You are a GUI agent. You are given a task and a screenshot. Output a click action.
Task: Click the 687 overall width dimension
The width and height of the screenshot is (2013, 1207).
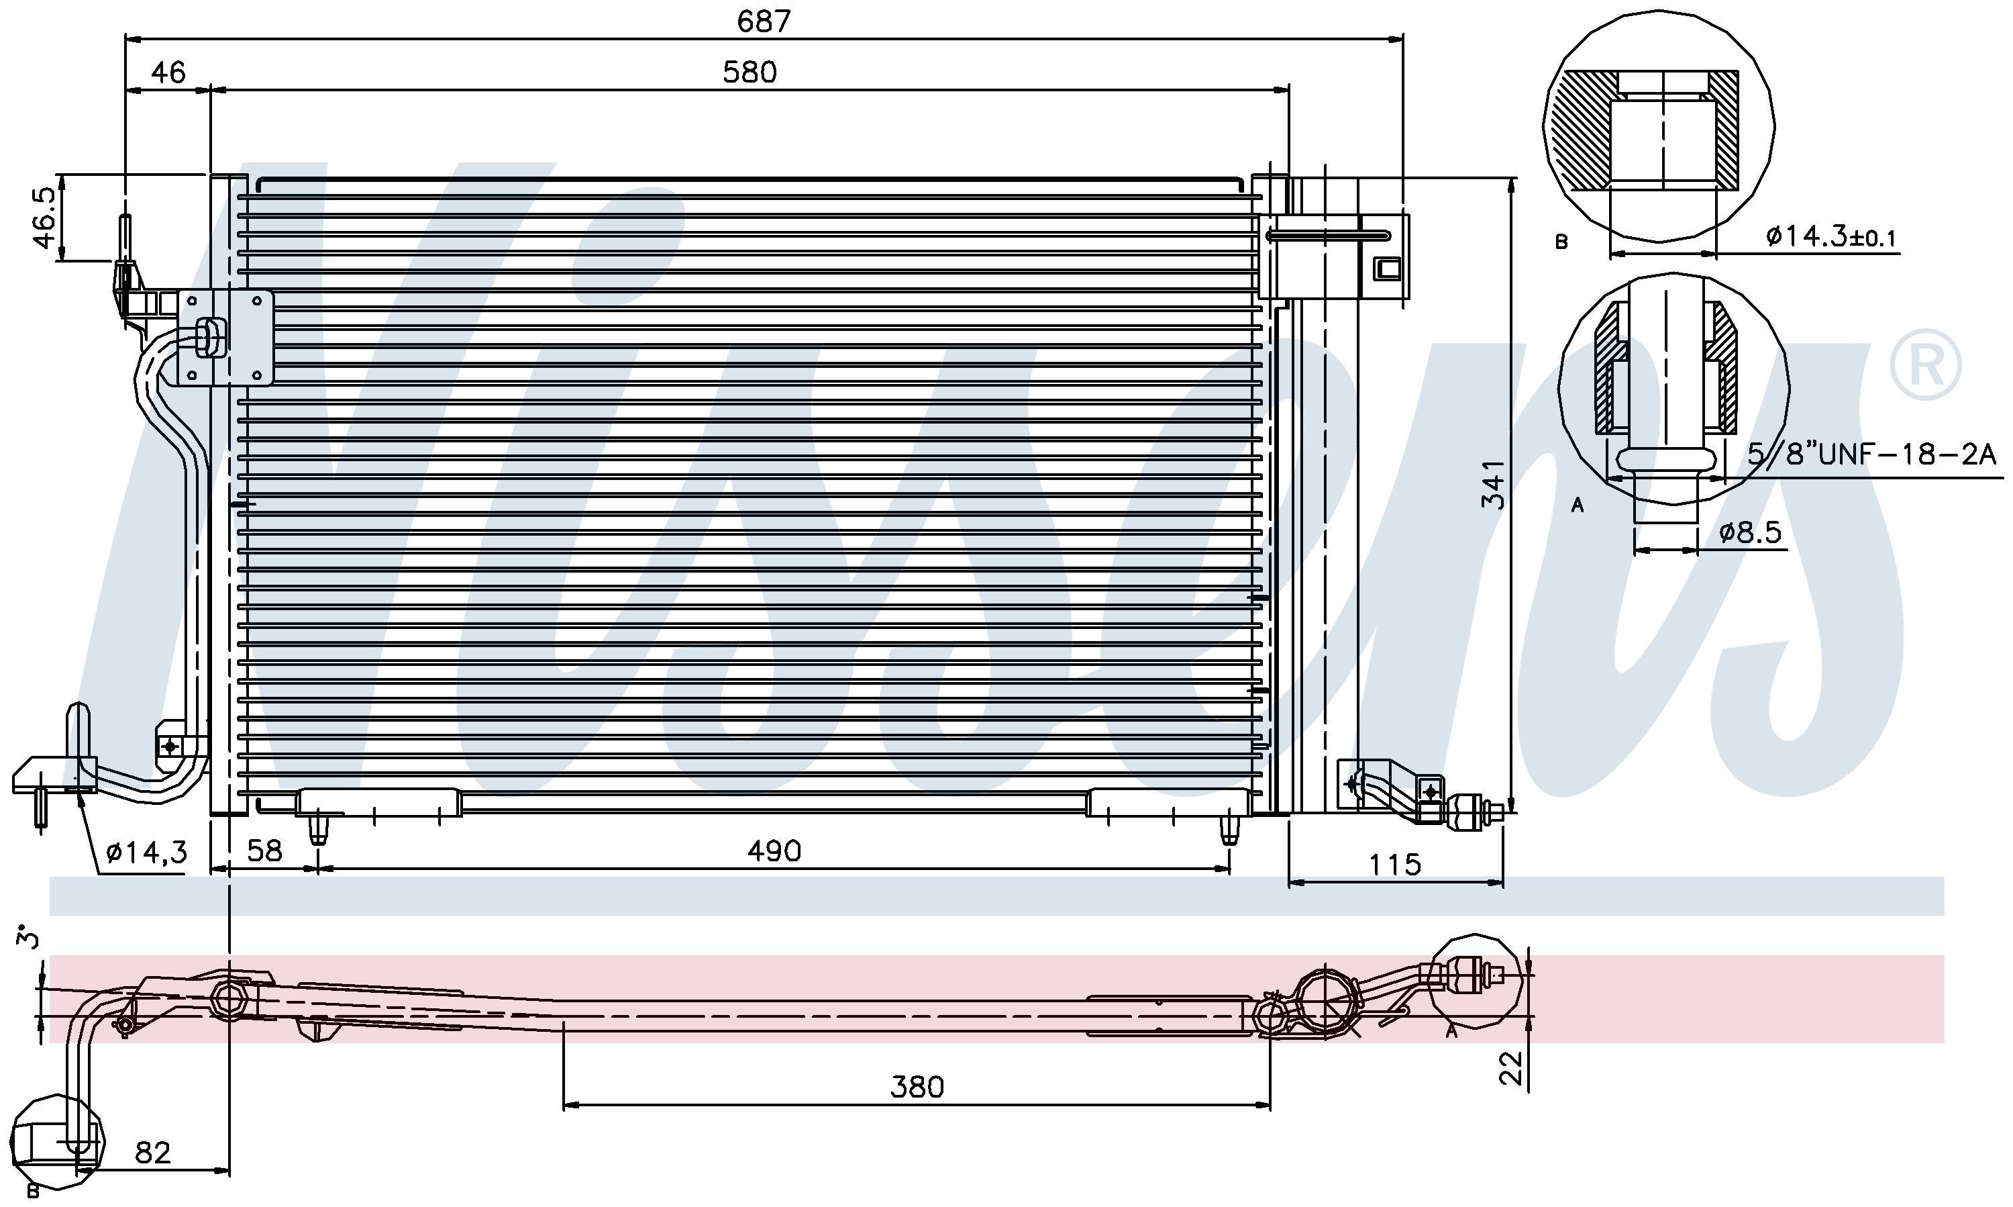tap(764, 21)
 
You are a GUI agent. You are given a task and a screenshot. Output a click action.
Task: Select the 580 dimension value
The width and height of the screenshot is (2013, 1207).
tap(750, 73)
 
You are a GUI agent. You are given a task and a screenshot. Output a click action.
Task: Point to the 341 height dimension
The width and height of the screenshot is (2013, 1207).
tap(1493, 485)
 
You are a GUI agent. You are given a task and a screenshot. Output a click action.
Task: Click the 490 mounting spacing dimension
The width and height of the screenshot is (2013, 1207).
tap(774, 851)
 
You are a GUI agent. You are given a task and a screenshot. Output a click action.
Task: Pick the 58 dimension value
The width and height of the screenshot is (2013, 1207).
tap(264, 851)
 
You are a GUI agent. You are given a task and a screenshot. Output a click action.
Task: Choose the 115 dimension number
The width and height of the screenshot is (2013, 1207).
tap(1395, 864)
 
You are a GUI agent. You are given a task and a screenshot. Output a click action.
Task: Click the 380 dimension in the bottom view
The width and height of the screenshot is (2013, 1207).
tap(917, 1087)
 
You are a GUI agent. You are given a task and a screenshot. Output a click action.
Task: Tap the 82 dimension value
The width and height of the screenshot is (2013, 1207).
tap(153, 1153)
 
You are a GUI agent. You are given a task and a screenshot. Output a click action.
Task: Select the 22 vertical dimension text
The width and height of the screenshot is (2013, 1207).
tap(1510, 1068)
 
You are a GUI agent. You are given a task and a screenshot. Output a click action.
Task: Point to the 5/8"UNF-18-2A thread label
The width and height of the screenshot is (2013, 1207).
tap(1871, 454)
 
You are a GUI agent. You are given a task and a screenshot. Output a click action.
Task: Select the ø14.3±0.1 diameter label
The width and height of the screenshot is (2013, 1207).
tap(1831, 237)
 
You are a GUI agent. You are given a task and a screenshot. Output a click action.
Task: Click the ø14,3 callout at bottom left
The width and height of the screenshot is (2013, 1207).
tap(146, 852)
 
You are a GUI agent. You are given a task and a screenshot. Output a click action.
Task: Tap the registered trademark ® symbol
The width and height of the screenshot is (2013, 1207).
tap(1924, 365)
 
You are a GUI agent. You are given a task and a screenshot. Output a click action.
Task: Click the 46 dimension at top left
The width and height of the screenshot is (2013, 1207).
tap(168, 73)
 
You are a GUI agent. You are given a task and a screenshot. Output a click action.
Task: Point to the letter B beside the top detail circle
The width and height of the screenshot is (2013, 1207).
tap(1561, 242)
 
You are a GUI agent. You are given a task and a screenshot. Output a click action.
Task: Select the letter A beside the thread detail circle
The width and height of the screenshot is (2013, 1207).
tap(1578, 505)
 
